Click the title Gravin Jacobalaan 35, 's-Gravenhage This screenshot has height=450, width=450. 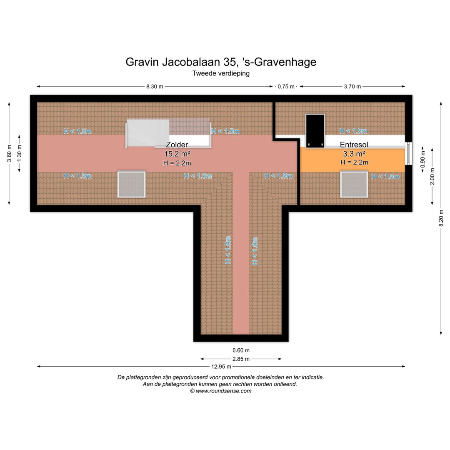click(x=221, y=62)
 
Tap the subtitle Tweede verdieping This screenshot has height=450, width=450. click(x=221, y=73)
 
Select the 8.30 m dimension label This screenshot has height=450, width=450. click(x=155, y=86)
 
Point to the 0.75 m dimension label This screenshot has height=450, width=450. click(x=286, y=86)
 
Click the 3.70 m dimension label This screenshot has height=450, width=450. click(x=352, y=86)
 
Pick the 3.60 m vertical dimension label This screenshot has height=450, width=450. click(x=9, y=153)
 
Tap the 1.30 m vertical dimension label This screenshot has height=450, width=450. click(x=19, y=153)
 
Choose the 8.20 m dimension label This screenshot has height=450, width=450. click(x=441, y=218)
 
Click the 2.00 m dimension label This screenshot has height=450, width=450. click(x=432, y=176)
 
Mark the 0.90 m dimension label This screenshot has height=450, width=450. click(x=422, y=159)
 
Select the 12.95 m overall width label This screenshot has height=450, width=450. click(x=221, y=367)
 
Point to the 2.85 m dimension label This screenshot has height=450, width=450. click(x=241, y=359)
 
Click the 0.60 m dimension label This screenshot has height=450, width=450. click(x=241, y=350)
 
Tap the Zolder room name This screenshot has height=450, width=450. click(x=177, y=145)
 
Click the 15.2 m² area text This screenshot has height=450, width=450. click(x=177, y=154)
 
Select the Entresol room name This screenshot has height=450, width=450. click(x=354, y=145)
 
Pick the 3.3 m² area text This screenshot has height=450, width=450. click(x=354, y=154)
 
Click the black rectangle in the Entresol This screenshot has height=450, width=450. click(x=315, y=131)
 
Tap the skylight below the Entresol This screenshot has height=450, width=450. click(x=354, y=185)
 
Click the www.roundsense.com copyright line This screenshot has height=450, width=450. click(x=221, y=391)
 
